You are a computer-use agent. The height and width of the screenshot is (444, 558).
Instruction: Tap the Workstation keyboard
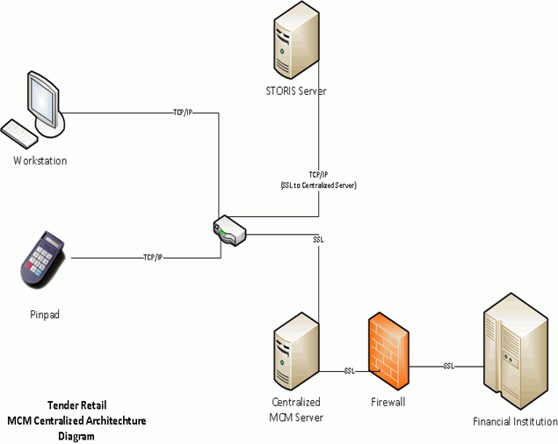(19, 135)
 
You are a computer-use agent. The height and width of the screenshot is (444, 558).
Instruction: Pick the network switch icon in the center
(229, 231)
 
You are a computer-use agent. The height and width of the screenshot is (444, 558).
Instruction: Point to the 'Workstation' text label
(40, 161)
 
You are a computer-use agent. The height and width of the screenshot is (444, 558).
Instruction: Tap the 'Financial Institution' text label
(514, 421)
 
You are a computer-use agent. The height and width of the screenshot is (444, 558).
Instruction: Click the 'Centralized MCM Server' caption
(296, 411)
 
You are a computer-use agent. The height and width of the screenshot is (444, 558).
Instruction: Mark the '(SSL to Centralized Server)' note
(318, 186)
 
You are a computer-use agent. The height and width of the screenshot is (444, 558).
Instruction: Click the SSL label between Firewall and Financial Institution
(448, 365)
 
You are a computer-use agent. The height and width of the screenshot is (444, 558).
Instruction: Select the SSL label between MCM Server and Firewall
(349, 370)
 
